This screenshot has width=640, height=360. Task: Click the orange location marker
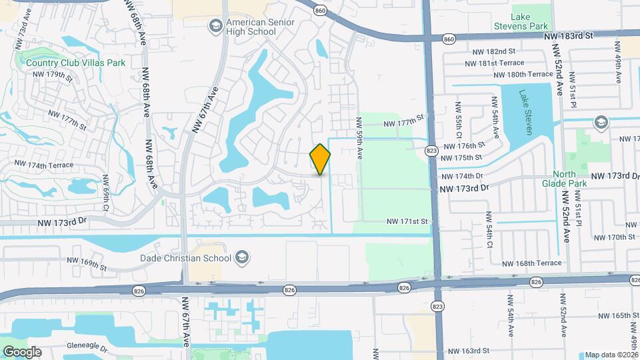pos(320,159)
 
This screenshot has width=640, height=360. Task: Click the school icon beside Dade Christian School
pos(241,258)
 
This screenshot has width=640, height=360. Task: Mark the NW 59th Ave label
pos(359,138)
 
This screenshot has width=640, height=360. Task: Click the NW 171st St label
pos(407,221)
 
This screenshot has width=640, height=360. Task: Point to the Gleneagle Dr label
pos(87,347)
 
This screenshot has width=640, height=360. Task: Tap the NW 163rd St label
pos(468,351)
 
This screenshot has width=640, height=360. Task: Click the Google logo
pos(22,351)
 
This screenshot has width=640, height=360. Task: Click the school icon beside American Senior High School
pos(215,26)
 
